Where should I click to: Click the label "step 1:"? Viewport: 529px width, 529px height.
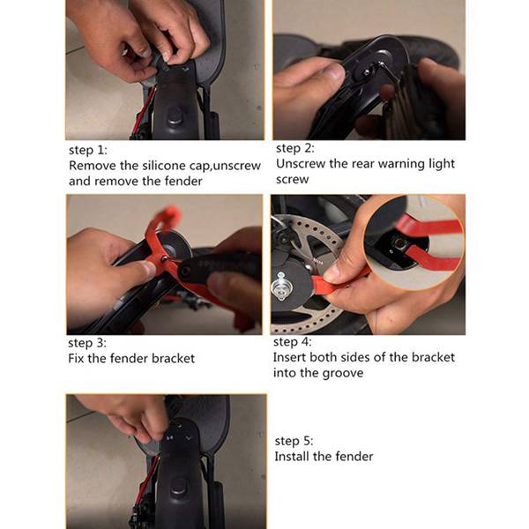point(87,151)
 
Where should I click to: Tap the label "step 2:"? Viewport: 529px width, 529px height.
point(294,148)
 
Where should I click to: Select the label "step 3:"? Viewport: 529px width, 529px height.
point(87,343)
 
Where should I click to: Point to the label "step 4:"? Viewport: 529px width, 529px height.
point(292,342)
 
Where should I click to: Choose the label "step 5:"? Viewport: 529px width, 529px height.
point(294,442)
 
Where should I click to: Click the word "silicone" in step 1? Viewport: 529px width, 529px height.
point(164,166)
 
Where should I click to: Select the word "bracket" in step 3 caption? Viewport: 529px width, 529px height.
point(173,358)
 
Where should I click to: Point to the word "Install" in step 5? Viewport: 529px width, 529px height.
point(292,457)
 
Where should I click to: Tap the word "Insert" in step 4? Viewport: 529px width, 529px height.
point(289,357)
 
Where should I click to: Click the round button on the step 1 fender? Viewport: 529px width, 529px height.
point(175,115)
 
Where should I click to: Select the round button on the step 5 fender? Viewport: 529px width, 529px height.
point(179,487)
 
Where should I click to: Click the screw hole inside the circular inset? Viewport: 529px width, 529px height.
point(399,242)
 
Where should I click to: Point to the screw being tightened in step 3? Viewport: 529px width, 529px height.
point(164,259)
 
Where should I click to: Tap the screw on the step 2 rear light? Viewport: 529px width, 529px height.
point(367,72)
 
